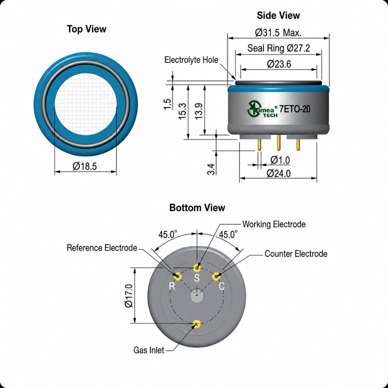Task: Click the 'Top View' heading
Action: [x=86, y=29]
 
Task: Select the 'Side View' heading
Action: [x=278, y=15]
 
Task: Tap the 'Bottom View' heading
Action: [x=197, y=207]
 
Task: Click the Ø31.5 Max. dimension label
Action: [x=278, y=33]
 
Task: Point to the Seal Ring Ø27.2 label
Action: [x=278, y=48]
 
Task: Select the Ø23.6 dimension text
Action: [x=279, y=64]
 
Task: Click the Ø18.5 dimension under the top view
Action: [x=84, y=166]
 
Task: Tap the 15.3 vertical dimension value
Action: [x=182, y=111]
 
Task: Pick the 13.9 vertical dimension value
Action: [x=199, y=111]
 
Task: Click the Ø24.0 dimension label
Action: [x=278, y=173]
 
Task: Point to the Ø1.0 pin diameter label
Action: [x=280, y=160]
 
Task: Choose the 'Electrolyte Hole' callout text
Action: [x=191, y=60]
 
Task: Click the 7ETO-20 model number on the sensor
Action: [x=295, y=109]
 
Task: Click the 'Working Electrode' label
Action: [x=274, y=224]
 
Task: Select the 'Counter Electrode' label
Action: [x=296, y=253]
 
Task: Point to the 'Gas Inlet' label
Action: [x=149, y=350]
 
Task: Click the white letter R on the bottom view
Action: [x=172, y=286]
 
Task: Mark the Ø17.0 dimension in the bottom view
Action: [x=129, y=296]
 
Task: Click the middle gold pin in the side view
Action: [x=278, y=143]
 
